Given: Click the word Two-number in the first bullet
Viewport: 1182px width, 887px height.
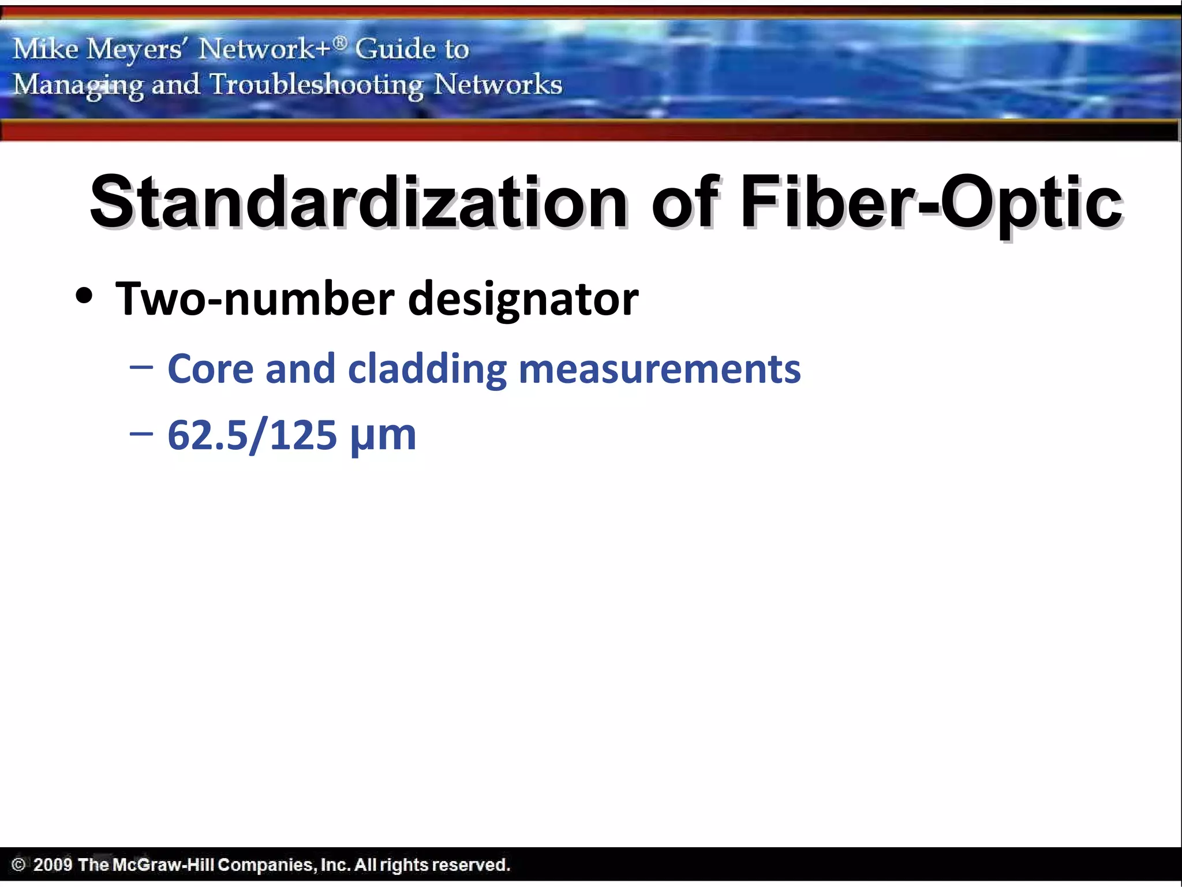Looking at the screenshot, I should click(x=255, y=299).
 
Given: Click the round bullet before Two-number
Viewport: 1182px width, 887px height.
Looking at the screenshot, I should click(x=84, y=297).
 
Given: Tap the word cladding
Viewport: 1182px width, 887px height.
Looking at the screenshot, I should click(x=427, y=370).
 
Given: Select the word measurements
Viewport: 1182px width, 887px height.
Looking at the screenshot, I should click(x=660, y=370).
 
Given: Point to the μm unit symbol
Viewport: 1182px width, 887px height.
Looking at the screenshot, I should click(x=383, y=437).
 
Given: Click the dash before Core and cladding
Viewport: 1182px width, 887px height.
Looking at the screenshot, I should click(x=141, y=367).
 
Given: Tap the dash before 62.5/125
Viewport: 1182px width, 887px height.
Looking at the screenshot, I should click(x=141, y=433).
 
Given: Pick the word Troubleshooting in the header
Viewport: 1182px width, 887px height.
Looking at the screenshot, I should click(x=316, y=85).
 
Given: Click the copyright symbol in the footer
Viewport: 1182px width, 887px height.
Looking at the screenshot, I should click(x=18, y=864).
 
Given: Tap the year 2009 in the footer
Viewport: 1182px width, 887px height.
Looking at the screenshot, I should click(x=53, y=864).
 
